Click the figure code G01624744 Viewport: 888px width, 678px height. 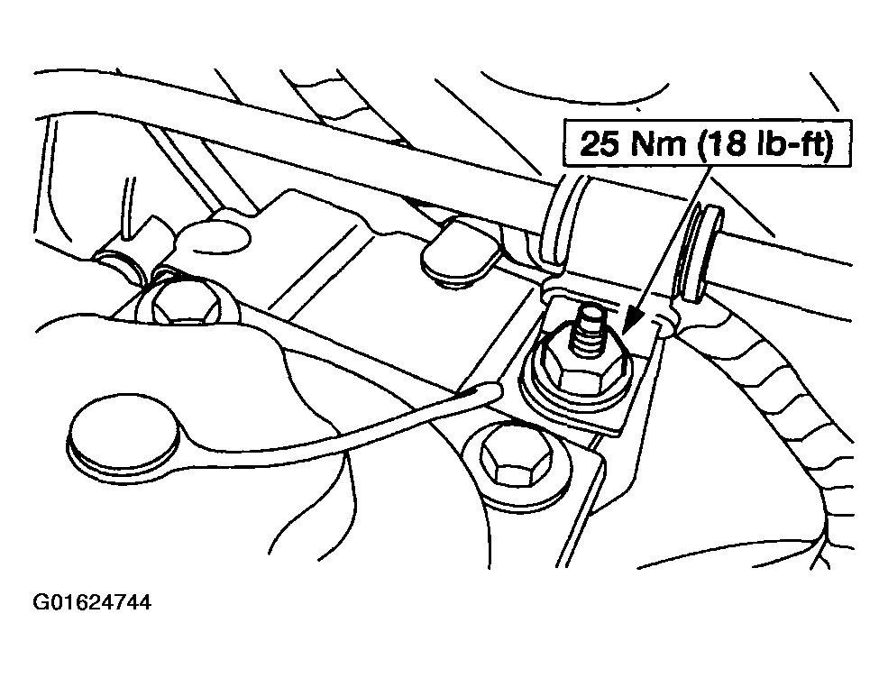[92, 602]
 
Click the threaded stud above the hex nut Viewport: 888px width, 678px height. [589, 333]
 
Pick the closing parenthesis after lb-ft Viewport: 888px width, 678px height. [828, 144]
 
